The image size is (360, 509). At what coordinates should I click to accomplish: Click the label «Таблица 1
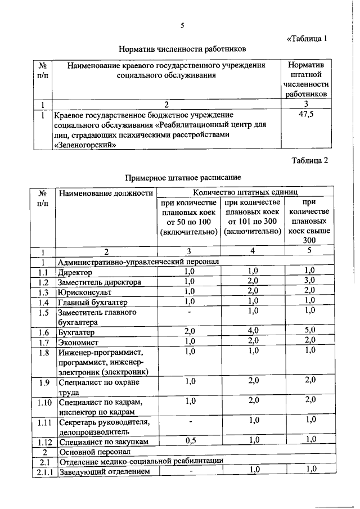pos(307,39)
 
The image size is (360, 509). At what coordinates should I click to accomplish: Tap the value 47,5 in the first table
pos(305,115)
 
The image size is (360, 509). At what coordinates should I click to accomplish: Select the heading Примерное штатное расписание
pos(179,178)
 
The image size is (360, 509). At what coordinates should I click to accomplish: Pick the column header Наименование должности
pos(105,193)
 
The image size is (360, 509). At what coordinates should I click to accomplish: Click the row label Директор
pos(76,272)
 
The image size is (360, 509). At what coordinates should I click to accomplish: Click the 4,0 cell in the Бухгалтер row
pos(253,331)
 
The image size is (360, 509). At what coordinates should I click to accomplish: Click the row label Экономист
pos(78,342)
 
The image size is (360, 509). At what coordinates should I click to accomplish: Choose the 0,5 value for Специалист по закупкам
pos(188,442)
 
